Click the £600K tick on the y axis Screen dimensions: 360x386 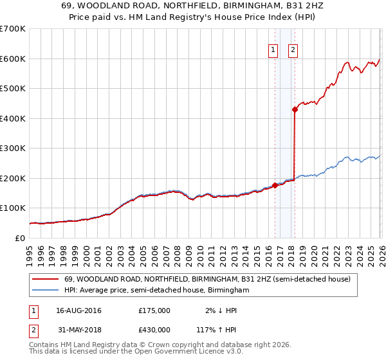coord(13,59)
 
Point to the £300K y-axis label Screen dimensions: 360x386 coord(13,148)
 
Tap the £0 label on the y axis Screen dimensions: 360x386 coord(19,238)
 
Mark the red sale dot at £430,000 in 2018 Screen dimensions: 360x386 coord(295,109)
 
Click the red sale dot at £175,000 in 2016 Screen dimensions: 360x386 coord(275,185)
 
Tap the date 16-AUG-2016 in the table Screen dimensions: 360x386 coord(78,310)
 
